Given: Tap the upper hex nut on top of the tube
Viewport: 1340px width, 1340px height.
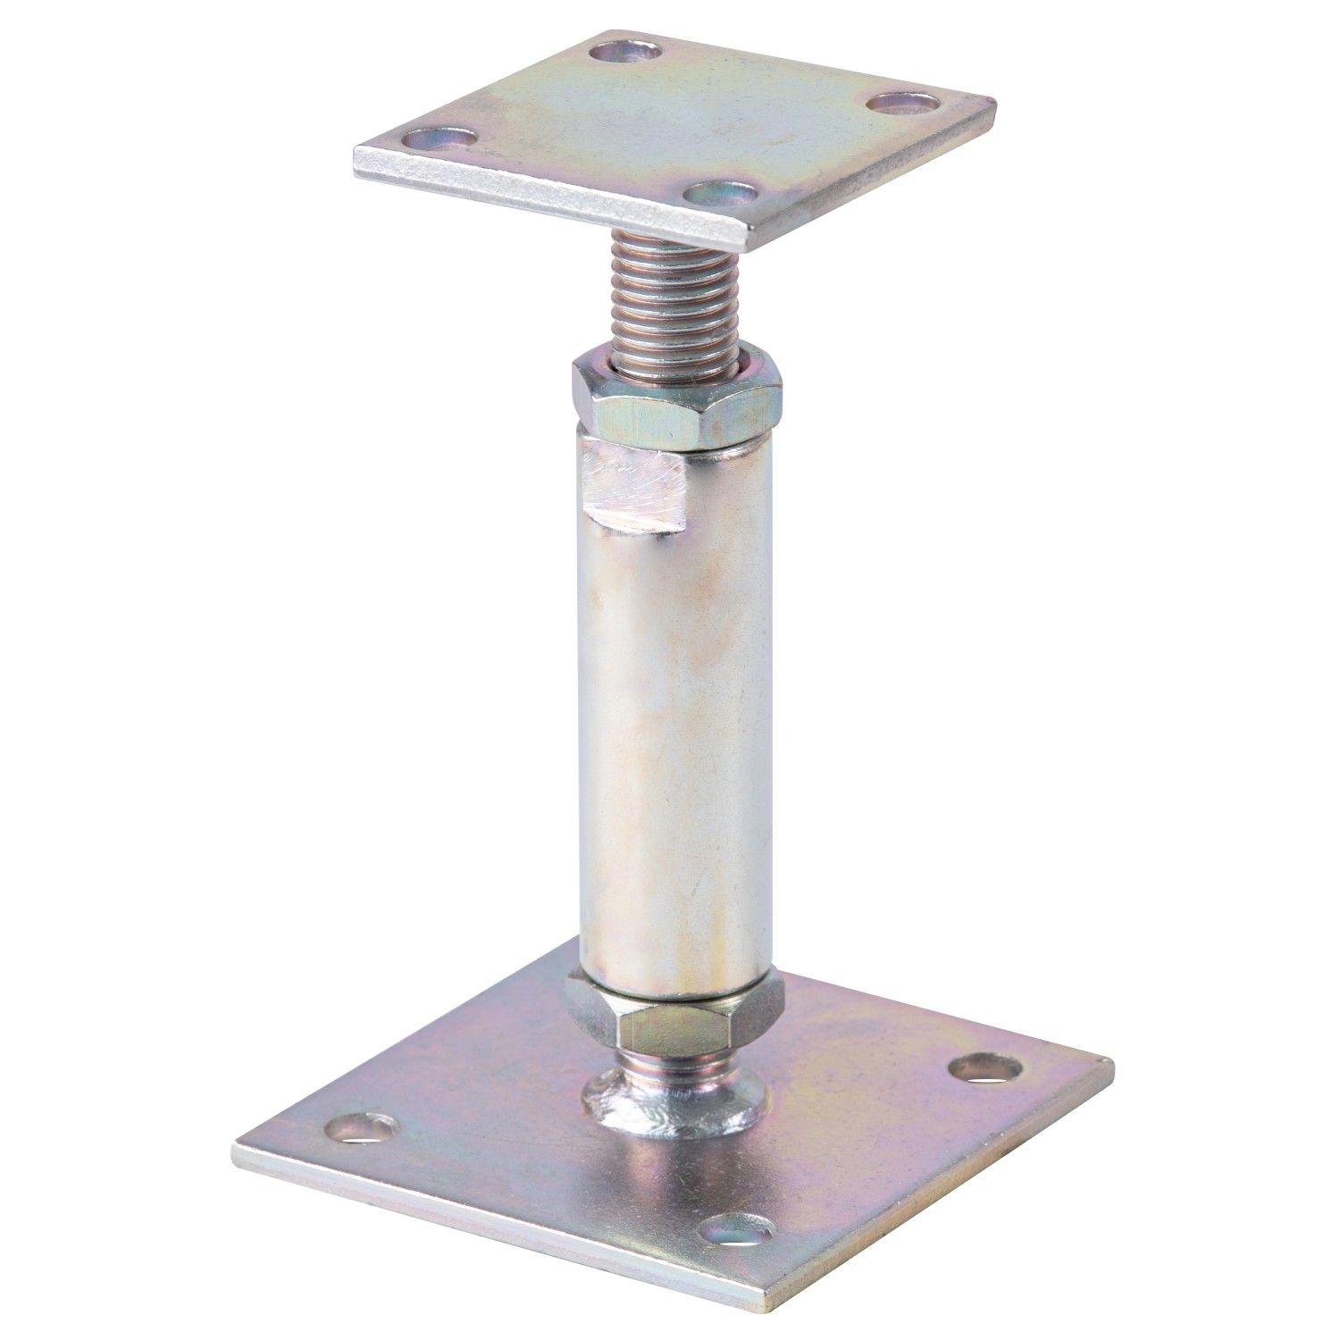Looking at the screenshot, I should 678,393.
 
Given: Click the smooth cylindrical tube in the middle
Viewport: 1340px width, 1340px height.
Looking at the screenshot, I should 674,715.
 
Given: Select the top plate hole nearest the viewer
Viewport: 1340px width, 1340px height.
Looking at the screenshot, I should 721,193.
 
